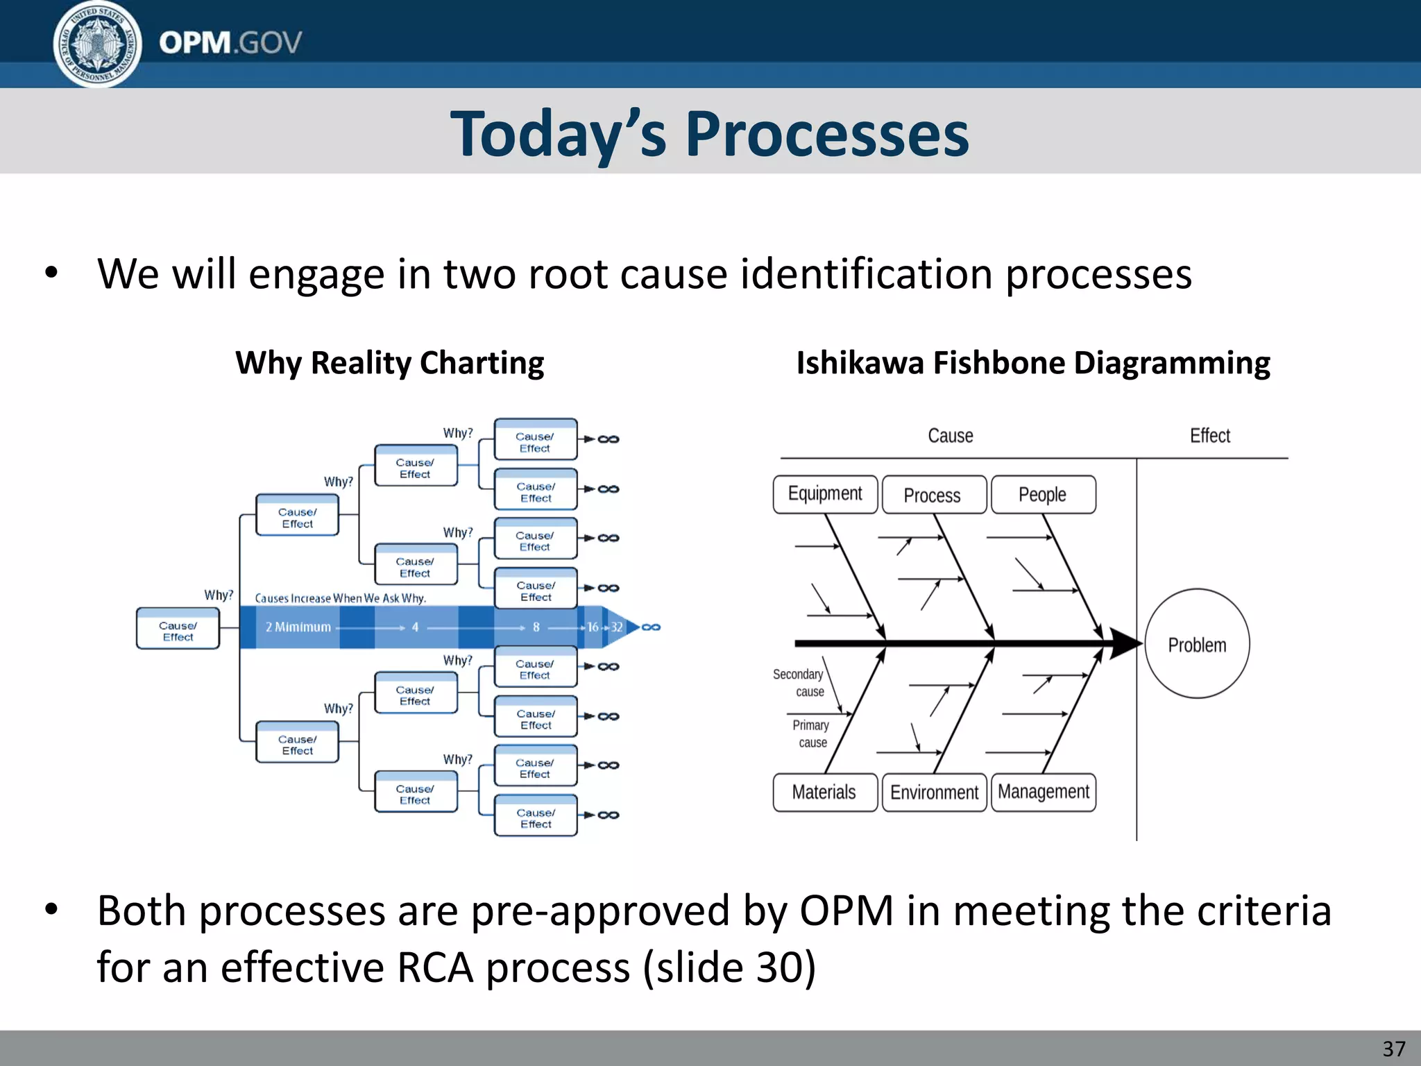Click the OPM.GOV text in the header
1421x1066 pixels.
[230, 43]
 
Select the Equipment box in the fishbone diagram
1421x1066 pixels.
[825, 494]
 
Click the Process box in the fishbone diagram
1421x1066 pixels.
[933, 495]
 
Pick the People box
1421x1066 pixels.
[1043, 495]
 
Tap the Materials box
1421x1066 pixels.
[824, 793]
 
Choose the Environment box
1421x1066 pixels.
[934, 793]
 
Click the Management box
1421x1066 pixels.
[1044, 792]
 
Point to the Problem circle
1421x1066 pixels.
[1197, 645]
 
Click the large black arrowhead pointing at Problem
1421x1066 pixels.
[1124, 643]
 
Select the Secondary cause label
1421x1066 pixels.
[799, 683]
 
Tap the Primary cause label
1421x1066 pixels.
[811, 734]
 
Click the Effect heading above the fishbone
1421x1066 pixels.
[1209, 436]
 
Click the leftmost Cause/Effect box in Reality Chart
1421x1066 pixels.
[178, 629]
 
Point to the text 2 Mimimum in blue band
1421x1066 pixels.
[298, 627]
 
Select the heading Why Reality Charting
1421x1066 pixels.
[389, 363]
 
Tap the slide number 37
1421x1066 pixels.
[1393, 1049]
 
